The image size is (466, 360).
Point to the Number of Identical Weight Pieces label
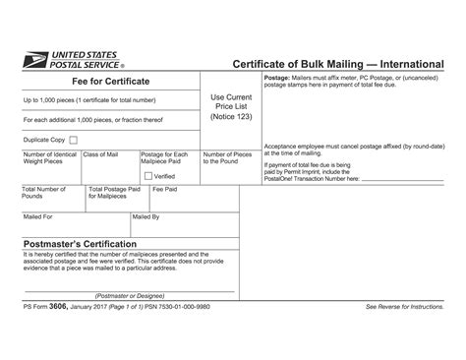tap(49, 159)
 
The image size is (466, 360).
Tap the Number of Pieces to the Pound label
tap(227, 159)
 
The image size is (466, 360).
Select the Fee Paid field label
tap(163, 189)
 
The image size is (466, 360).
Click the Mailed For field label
tap(37, 215)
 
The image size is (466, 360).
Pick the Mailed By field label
tap(145, 215)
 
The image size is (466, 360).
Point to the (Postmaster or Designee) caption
tap(129, 294)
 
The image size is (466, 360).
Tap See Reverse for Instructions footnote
tap(403, 308)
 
